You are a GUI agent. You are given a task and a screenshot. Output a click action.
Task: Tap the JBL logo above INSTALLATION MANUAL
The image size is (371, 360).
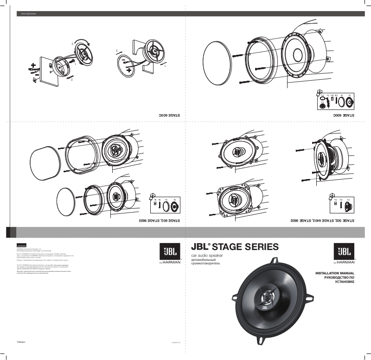coord(344,252)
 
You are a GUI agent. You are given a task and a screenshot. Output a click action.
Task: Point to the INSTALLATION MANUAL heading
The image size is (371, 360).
coord(335,274)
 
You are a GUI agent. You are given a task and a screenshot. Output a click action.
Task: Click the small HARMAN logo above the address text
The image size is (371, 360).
coord(22,245)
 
